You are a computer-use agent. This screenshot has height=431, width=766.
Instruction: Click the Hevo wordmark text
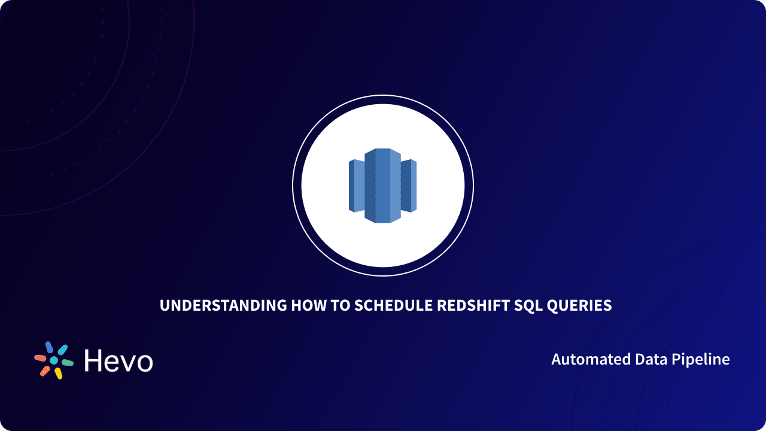coord(118,360)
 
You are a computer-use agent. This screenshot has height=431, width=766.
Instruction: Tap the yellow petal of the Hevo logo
coord(58,374)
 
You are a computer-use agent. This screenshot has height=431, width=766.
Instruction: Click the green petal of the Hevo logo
coord(68,363)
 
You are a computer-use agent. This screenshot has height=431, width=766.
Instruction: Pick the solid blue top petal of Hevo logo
coord(50,347)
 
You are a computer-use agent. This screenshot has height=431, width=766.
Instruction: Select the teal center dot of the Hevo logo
coord(54,360)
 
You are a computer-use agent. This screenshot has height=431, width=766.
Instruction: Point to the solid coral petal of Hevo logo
coord(40,358)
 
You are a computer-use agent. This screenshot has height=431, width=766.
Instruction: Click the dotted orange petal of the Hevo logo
coord(45,371)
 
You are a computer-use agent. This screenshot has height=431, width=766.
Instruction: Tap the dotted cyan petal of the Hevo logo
coord(63,350)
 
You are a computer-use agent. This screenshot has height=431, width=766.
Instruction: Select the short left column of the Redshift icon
coord(356,186)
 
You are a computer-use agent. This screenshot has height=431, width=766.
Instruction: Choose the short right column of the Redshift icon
coord(409,186)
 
